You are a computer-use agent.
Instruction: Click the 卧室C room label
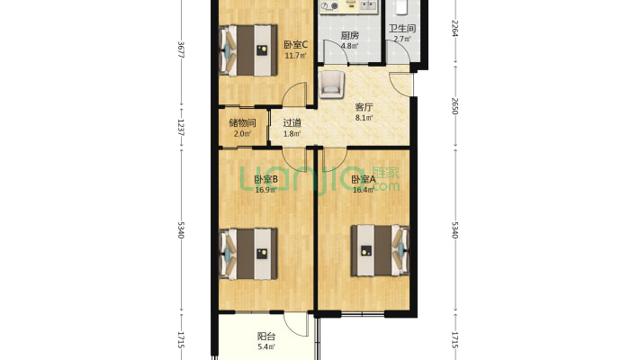[x=295, y=45]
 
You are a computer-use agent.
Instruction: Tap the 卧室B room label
[x=265, y=179]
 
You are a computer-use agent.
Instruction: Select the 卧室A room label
[x=363, y=179]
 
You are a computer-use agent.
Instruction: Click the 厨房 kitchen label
[x=350, y=35]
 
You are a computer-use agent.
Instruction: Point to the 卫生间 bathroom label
[x=401, y=29]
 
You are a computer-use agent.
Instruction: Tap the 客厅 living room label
[x=364, y=108]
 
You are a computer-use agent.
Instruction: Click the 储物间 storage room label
[x=242, y=122]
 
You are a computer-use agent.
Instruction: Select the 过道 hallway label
[x=292, y=122]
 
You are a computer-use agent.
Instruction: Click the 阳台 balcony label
[x=266, y=337]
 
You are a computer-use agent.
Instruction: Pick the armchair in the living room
[x=331, y=85]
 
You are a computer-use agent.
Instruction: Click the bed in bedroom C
[x=248, y=50]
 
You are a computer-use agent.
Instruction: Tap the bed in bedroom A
[x=380, y=250]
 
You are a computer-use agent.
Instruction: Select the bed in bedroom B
[x=248, y=254]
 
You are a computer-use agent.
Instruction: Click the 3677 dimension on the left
[x=182, y=50]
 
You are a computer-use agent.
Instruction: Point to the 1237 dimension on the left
[x=182, y=128]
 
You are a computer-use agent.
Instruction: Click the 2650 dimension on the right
[x=455, y=106]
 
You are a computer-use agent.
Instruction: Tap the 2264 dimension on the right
[x=455, y=29]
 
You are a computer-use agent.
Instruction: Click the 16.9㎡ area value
[x=265, y=190]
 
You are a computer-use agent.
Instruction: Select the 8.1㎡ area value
[x=364, y=118]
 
